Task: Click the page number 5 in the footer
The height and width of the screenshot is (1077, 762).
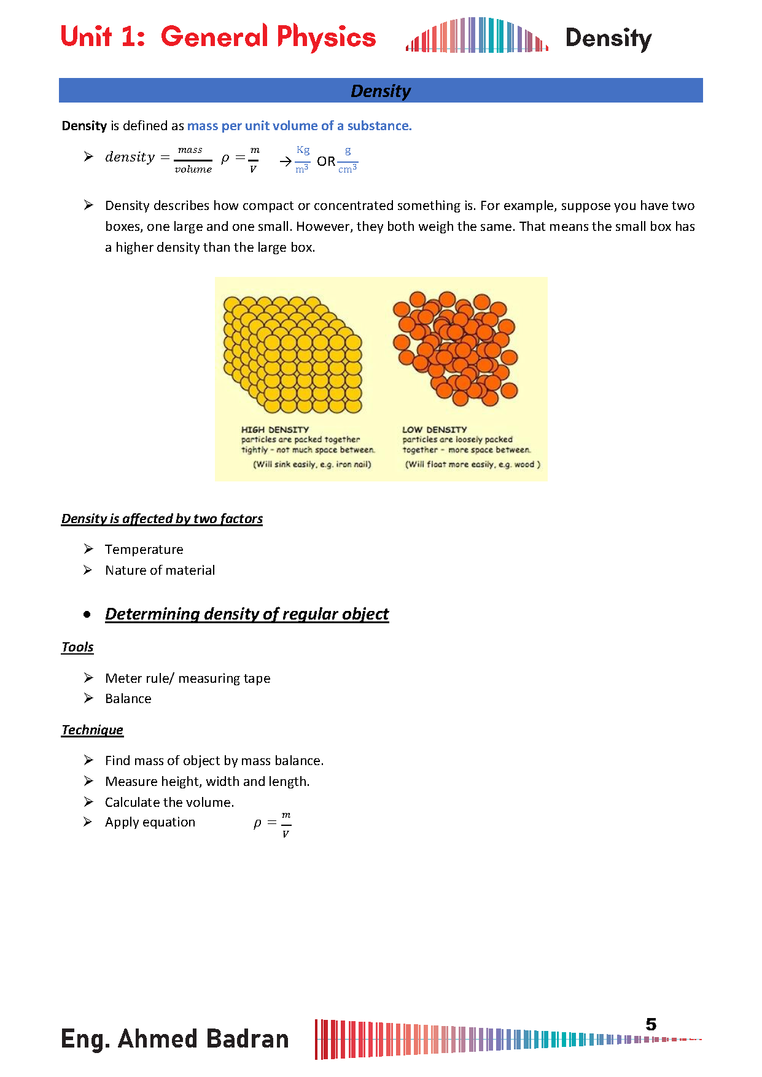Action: click(651, 1024)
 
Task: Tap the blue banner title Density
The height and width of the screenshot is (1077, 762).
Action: click(381, 91)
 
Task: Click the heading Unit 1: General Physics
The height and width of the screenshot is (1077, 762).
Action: click(218, 37)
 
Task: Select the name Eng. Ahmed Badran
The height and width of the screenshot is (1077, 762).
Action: click(175, 1039)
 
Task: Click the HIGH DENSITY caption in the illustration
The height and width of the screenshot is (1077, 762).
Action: click(274, 430)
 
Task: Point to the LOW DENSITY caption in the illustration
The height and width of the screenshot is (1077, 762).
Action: click(435, 430)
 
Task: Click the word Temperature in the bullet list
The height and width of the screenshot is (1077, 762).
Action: click(144, 550)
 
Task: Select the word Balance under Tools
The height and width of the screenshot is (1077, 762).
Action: click(128, 699)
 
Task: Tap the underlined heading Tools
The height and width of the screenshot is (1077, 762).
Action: click(77, 647)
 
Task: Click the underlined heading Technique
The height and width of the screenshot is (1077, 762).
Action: click(92, 730)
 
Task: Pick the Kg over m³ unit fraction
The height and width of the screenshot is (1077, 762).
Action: click(303, 160)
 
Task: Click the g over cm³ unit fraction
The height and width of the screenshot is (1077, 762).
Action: click(348, 160)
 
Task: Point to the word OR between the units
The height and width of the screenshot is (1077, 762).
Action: click(326, 161)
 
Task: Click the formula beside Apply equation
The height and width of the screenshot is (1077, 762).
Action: click(273, 823)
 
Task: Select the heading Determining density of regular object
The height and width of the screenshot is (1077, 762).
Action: click(247, 614)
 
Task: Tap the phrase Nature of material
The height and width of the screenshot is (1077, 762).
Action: click(160, 570)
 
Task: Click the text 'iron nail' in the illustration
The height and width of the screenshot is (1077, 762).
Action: click(352, 465)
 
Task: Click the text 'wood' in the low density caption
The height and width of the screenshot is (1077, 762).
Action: click(524, 465)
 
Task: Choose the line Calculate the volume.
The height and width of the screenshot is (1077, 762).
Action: click(169, 803)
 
